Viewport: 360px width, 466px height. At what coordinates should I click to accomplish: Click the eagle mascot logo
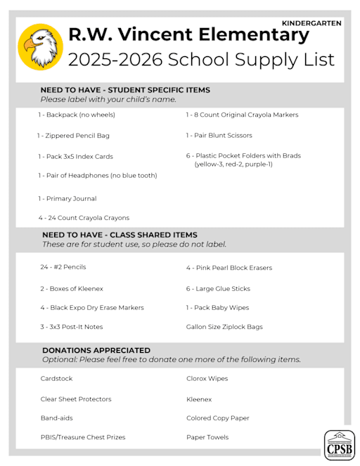pyautogui.click(x=40, y=47)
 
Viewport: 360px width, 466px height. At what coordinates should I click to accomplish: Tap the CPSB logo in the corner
pyautogui.click(x=339, y=444)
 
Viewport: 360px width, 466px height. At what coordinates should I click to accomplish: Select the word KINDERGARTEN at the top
pyautogui.click(x=311, y=23)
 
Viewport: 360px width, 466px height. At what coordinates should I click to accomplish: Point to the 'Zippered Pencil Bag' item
pyautogui.click(x=73, y=136)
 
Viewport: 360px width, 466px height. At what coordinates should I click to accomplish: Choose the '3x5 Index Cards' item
pyautogui.click(x=75, y=157)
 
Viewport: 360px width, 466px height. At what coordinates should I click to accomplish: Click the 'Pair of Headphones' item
pyautogui.click(x=97, y=175)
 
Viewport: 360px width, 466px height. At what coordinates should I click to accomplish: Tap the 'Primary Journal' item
pyautogui.click(x=67, y=199)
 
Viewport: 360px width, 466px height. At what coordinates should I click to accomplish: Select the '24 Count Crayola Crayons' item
pyautogui.click(x=84, y=218)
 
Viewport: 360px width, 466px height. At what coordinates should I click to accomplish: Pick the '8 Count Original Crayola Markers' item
pyautogui.click(x=241, y=115)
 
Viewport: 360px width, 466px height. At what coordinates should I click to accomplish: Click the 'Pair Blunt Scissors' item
pyautogui.click(x=219, y=136)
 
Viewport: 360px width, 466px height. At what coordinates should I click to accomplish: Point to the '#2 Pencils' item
pyautogui.click(x=63, y=267)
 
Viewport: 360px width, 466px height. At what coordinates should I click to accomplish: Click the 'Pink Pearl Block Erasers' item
pyautogui.click(x=229, y=268)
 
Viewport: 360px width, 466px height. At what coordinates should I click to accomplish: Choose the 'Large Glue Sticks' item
pyautogui.click(x=218, y=289)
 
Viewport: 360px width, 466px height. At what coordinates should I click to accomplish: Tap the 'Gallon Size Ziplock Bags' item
pyautogui.click(x=224, y=327)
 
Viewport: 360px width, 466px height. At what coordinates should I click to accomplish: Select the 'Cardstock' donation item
pyautogui.click(x=56, y=379)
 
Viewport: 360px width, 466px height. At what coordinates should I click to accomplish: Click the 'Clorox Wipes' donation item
pyautogui.click(x=207, y=379)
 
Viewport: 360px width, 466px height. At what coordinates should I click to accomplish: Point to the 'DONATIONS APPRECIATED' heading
pyautogui.click(x=96, y=350)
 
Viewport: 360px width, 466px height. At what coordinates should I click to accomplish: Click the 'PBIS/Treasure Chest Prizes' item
pyautogui.click(x=83, y=437)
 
